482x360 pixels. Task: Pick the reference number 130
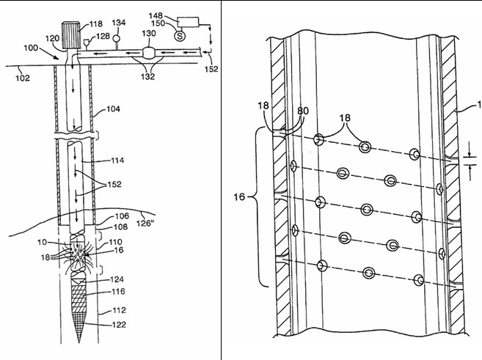click(x=147, y=34)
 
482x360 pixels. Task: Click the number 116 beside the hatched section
click(x=117, y=292)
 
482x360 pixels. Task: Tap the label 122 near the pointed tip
click(x=117, y=324)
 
